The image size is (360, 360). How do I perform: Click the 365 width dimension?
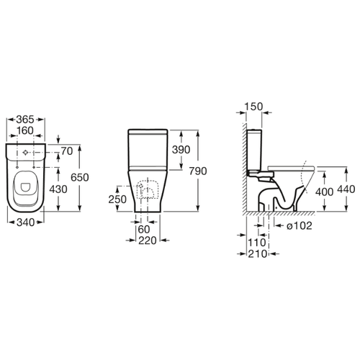(x=25, y=120)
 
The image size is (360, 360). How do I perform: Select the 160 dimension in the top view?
(x=25, y=131)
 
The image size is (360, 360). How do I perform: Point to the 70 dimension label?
(x=67, y=151)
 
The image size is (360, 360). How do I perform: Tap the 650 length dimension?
(x=80, y=177)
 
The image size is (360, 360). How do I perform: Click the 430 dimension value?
(x=58, y=189)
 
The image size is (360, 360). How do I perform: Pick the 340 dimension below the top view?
(x=26, y=222)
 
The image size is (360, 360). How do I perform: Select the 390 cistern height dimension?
(x=181, y=150)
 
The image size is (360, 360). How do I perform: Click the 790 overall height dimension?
(x=198, y=171)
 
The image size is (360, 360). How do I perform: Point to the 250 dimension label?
(x=117, y=199)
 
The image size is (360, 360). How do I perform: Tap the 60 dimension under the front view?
(x=144, y=230)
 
